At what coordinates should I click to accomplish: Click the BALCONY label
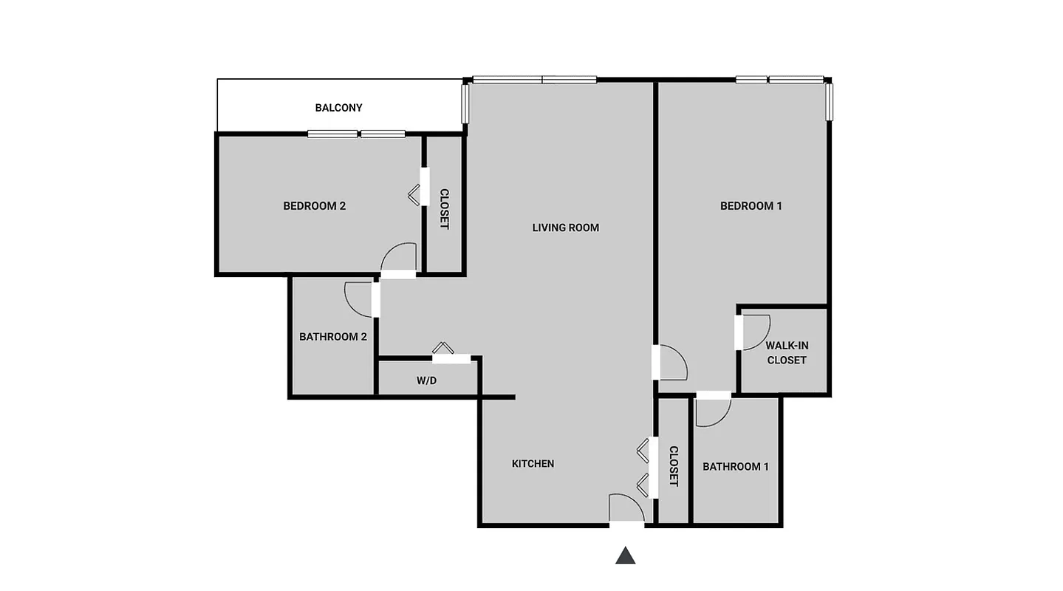coord(338,108)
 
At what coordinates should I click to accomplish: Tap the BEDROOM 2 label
coord(314,206)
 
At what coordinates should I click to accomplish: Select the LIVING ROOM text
coord(565,228)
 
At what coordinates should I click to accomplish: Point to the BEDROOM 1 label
coord(751,206)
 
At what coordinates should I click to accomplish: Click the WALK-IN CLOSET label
coord(786,352)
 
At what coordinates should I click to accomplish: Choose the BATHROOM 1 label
coord(735,467)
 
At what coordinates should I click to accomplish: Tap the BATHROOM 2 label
coord(333,337)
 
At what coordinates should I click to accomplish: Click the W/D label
coord(426,381)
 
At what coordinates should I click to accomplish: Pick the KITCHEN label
coord(533,464)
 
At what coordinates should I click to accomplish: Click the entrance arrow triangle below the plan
coord(625,556)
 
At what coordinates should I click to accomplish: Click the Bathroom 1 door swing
coord(712,412)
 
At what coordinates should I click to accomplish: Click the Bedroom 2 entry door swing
coord(399,258)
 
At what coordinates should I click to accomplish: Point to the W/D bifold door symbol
coord(444,349)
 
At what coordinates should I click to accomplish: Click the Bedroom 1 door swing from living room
coord(672,363)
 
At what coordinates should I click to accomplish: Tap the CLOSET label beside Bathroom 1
coord(674,466)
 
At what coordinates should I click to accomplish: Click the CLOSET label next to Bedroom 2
coord(444,209)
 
